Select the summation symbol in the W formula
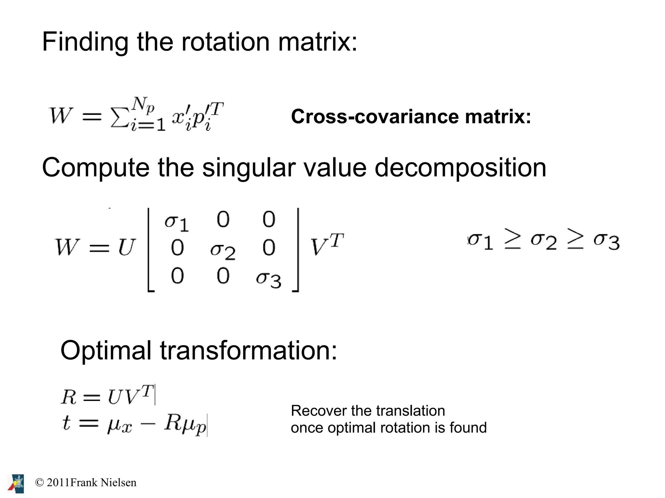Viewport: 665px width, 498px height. pyautogui.click(x=119, y=117)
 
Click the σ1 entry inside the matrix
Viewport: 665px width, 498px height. pyautogui.click(x=176, y=223)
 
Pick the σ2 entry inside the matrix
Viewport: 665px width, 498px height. pyautogui.click(x=223, y=251)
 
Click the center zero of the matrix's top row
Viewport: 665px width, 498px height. pyautogui.click(x=223, y=219)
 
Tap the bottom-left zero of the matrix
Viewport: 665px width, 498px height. pyautogui.click(x=177, y=276)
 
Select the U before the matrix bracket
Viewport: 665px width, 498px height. pyautogui.click(x=126, y=248)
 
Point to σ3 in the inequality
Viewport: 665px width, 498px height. pyautogui.click(x=606, y=241)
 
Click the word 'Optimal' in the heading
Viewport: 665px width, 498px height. pyautogui.click(x=106, y=351)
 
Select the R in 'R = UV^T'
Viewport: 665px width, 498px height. pyautogui.click(x=69, y=397)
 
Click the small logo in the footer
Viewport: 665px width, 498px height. pyautogui.click(x=16, y=483)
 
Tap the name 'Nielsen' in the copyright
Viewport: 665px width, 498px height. pyautogui.click(x=119, y=482)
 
